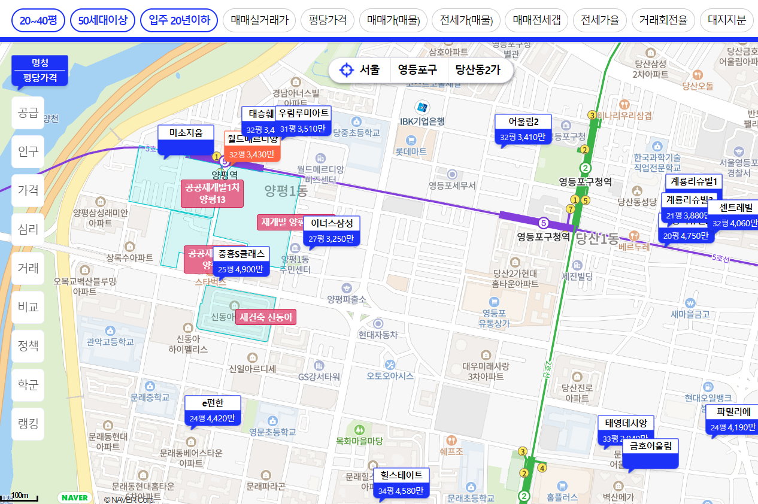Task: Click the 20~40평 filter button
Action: pyautogui.click(x=38, y=20)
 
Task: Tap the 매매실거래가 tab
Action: pyautogui.click(x=259, y=20)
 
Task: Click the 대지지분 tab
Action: pyautogui.click(x=727, y=20)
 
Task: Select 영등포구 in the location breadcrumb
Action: pyautogui.click(x=418, y=70)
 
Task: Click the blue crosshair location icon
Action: pyautogui.click(x=346, y=70)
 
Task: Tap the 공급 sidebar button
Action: pyautogui.click(x=28, y=113)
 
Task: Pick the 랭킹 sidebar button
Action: pyautogui.click(x=28, y=424)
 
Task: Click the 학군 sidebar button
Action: pyautogui.click(x=28, y=385)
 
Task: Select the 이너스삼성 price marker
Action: pyautogui.click(x=332, y=231)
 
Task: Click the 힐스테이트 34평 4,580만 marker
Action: pyautogui.click(x=401, y=483)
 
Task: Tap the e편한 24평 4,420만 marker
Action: pyautogui.click(x=213, y=411)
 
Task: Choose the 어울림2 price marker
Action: pyautogui.click(x=523, y=129)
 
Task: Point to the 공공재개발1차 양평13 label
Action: pyautogui.click(x=213, y=193)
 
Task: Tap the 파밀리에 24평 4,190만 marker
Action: pyautogui.click(x=732, y=420)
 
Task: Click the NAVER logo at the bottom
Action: pyautogui.click(x=75, y=497)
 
